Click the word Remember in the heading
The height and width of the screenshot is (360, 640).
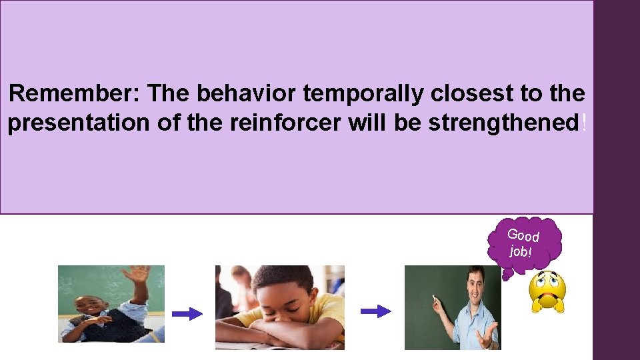pyautogui.click(x=74, y=93)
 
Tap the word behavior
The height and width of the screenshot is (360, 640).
pyautogui.click(x=246, y=93)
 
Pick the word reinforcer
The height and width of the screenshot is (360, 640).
pyautogui.click(x=284, y=123)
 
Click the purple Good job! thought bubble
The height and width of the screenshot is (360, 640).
pyautogui.click(x=525, y=245)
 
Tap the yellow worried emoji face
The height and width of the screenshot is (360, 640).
pyautogui.click(x=547, y=292)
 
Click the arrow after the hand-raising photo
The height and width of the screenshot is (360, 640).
pyautogui.click(x=187, y=314)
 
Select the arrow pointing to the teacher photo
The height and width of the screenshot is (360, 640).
pyautogui.click(x=376, y=311)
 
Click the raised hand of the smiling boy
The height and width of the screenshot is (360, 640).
pyautogui.click(x=137, y=273)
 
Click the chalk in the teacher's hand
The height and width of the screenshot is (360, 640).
pyautogui.click(x=433, y=298)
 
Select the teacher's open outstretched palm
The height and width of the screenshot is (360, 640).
pyautogui.click(x=487, y=332)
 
